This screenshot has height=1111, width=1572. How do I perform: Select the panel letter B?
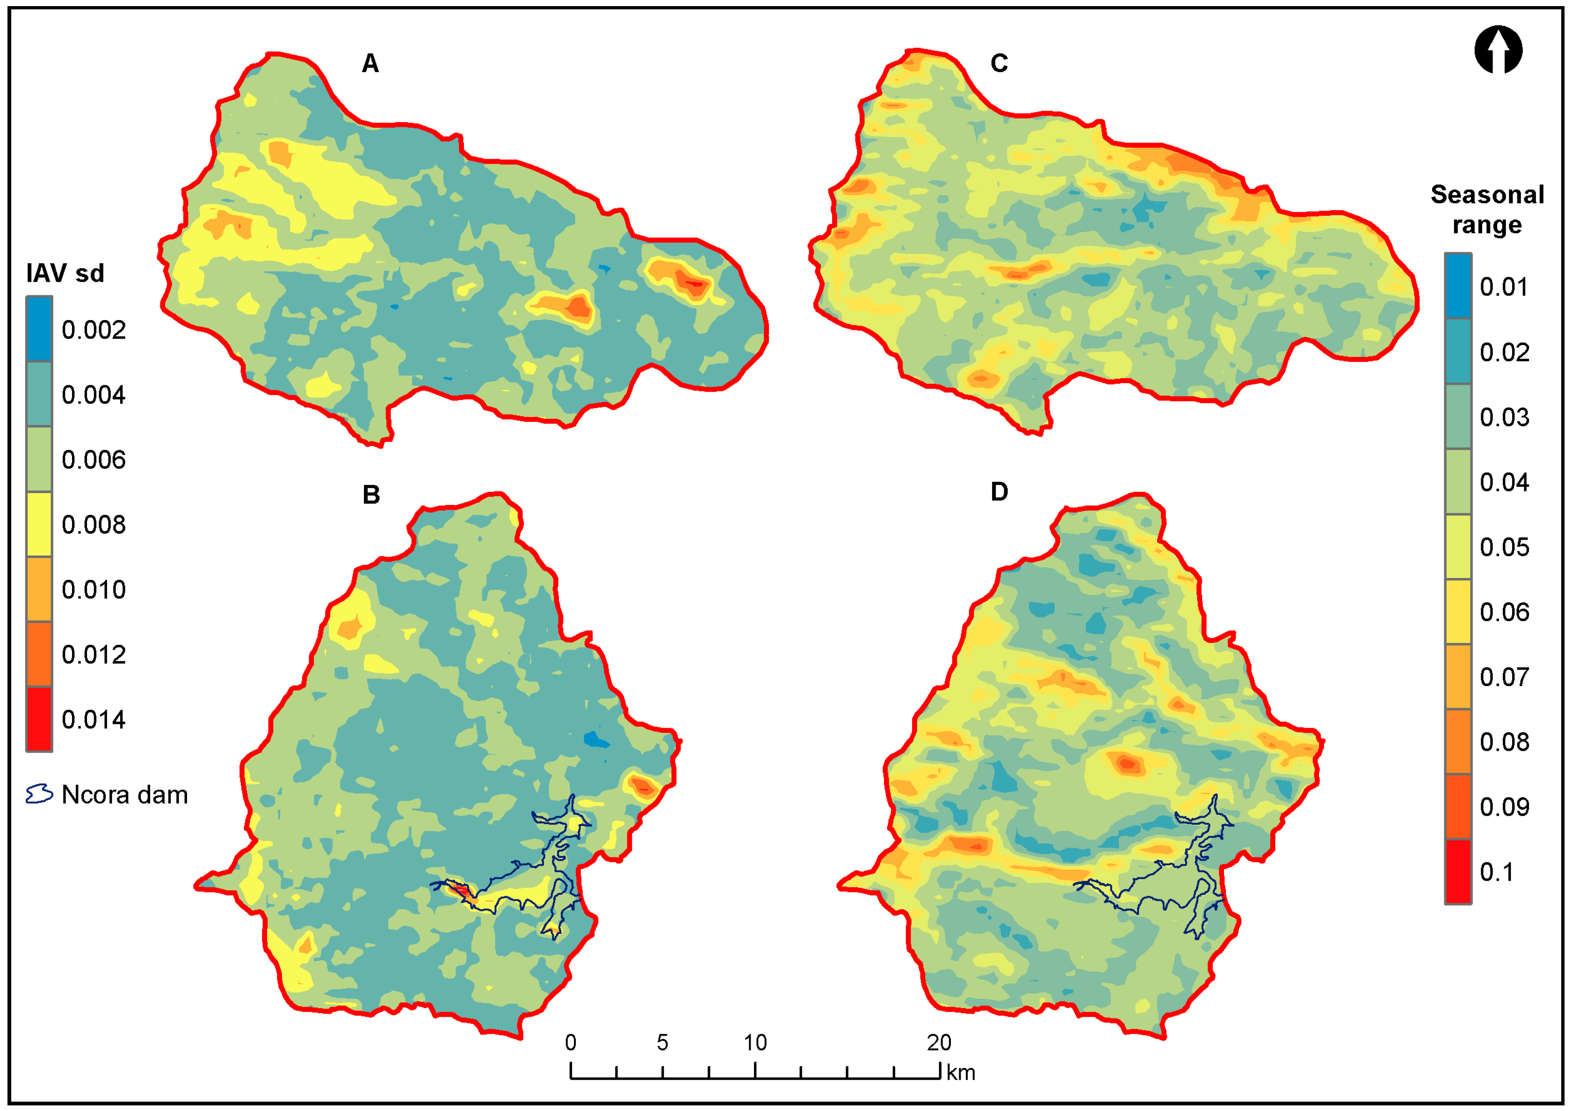click(371, 495)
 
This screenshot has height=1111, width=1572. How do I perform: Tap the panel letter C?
click(999, 64)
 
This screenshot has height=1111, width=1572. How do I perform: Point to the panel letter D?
click(999, 492)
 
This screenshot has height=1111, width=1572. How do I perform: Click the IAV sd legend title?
click(65, 273)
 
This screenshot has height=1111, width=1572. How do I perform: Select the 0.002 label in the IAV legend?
click(94, 330)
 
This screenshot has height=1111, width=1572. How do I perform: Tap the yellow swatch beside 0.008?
click(39, 524)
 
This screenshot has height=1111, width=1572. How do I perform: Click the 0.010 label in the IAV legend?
click(94, 590)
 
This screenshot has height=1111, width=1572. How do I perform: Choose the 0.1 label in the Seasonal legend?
click(1496, 872)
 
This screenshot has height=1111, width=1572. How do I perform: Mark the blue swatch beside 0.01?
click(1458, 286)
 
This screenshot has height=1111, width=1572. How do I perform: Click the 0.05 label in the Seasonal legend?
click(1504, 547)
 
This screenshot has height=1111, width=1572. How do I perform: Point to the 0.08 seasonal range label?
click(1504, 742)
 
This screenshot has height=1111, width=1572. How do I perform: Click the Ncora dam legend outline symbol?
click(39, 794)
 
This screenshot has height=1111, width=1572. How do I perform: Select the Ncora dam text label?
click(124, 795)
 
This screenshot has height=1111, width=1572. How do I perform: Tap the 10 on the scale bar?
click(755, 1043)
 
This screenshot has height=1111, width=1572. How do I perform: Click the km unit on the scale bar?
click(961, 1072)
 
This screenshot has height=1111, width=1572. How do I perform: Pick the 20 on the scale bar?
click(939, 1043)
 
